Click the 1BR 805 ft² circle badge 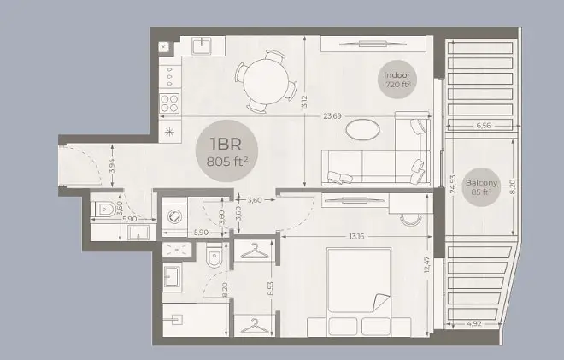point(226,151)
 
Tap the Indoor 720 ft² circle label point(397,80)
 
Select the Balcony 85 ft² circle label point(481,187)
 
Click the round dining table point(266,81)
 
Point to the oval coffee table point(362,129)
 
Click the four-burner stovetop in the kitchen point(169,103)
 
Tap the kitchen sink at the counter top point(203,45)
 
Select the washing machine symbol point(174,216)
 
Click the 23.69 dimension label point(332,116)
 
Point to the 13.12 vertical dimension point(305,103)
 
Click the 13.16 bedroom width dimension point(356,237)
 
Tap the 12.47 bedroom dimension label point(427,264)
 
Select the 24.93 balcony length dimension point(453,184)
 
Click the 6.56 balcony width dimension point(484,126)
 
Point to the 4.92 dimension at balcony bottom point(474,323)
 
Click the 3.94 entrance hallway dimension point(112,166)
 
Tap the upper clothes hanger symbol point(255,251)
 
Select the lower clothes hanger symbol point(255,326)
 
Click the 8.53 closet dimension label point(271,289)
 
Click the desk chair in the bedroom point(410,219)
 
